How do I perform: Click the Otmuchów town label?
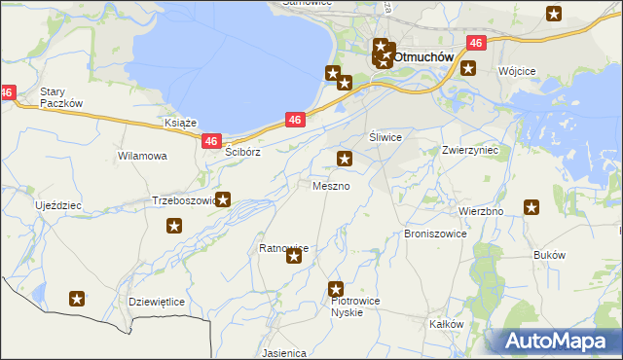(423, 56)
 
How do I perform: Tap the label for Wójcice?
(517, 71)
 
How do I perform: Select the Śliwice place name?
(385, 137)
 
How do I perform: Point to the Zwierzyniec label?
(470, 151)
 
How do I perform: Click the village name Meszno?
(331, 185)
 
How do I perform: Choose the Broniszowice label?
(435, 234)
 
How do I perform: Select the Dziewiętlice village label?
(157, 302)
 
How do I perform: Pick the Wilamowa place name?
(142, 156)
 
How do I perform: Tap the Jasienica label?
(284, 353)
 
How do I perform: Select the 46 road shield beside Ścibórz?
(212, 141)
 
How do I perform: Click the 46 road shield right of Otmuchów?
(475, 44)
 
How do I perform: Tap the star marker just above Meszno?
(344, 159)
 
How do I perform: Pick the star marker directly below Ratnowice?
(294, 257)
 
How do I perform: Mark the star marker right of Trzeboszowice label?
(223, 200)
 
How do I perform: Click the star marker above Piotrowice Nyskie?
(336, 288)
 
